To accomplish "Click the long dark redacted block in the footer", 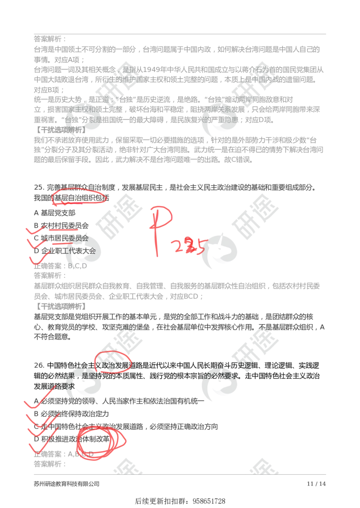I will tap(66, 484).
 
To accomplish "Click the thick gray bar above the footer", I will tap(180, 475).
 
